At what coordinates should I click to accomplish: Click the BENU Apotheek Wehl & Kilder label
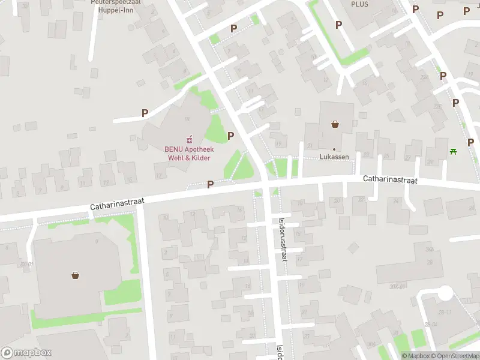pyautogui.click(x=188, y=153)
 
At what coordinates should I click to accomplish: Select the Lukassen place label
pyautogui.click(x=335, y=158)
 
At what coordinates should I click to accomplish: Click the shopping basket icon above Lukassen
pyautogui.click(x=335, y=124)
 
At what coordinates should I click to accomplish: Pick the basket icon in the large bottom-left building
pyautogui.click(x=76, y=275)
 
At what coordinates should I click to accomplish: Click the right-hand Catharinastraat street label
pyautogui.click(x=390, y=179)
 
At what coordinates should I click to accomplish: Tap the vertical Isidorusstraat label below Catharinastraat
pyautogui.click(x=282, y=238)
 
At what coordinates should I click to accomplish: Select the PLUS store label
pyautogui.click(x=360, y=4)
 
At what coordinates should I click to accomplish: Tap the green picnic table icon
pyautogui.click(x=453, y=151)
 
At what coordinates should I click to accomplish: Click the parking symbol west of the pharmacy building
pyautogui.click(x=145, y=112)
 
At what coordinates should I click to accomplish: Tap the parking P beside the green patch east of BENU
pyautogui.click(x=230, y=136)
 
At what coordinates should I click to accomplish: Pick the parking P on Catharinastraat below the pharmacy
pyautogui.click(x=210, y=184)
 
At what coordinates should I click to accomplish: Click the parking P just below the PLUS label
pyautogui.click(x=338, y=25)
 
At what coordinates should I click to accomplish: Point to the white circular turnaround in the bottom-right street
pyautogui.click(x=445, y=293)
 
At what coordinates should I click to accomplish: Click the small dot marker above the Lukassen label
pyautogui.click(x=335, y=149)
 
